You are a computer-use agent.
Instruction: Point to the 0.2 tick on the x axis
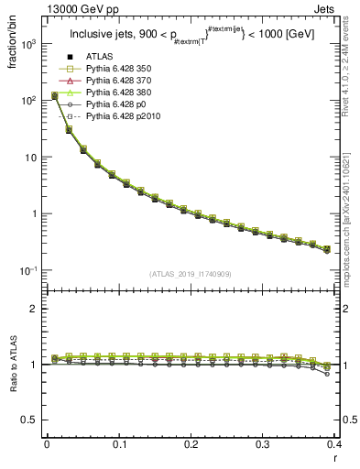pos(191,445)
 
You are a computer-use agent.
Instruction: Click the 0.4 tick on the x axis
pos(334,445)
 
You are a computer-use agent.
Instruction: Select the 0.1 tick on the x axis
pos(118,445)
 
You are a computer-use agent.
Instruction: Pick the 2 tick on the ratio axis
pos(37,309)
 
